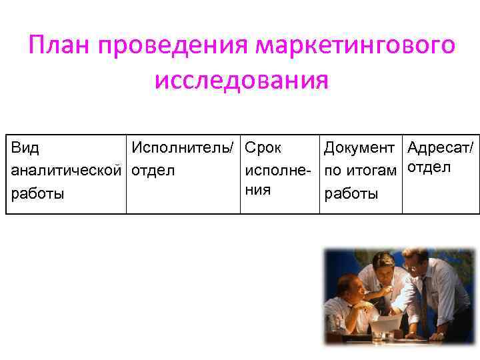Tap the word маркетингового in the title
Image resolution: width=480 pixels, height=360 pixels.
pos(357,46)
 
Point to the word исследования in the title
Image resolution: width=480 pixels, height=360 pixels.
pos(241,81)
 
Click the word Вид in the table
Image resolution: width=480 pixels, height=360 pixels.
pos(25,147)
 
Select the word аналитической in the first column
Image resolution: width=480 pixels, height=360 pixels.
pos(67,171)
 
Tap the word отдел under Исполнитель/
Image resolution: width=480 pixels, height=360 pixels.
pos(153,171)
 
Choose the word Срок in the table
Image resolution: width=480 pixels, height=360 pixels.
pos(263,147)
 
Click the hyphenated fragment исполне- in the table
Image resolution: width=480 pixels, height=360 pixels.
pos(279,171)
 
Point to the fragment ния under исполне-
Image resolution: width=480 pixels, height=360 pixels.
pos(259,189)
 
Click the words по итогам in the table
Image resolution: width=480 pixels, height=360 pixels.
pos(361,171)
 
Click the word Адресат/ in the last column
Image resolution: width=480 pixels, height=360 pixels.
pos(441,147)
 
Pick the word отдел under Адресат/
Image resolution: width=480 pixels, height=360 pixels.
pos(429,167)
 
